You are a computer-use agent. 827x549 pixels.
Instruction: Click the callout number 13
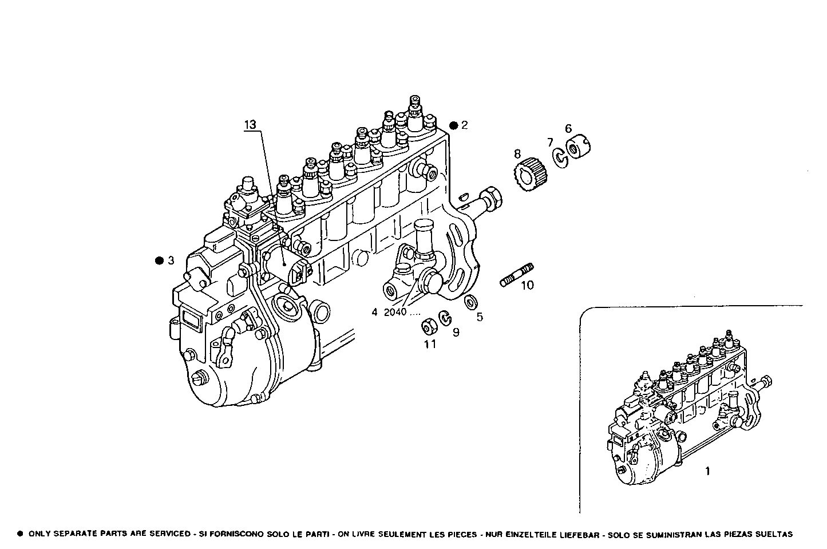click(x=250, y=124)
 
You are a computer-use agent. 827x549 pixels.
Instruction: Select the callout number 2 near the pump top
click(x=465, y=125)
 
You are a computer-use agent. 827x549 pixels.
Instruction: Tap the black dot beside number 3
click(x=159, y=260)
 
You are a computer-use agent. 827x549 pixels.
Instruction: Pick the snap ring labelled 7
click(x=560, y=157)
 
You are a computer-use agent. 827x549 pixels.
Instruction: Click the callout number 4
click(x=374, y=313)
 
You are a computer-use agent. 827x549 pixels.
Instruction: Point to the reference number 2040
click(x=395, y=313)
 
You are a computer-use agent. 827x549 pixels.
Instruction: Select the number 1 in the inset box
click(x=707, y=471)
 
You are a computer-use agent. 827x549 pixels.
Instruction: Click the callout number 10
click(x=527, y=285)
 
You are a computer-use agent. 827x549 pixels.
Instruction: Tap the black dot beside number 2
click(x=453, y=125)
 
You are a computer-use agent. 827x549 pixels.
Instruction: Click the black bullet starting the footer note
click(x=20, y=534)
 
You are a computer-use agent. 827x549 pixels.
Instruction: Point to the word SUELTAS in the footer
click(x=773, y=534)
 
